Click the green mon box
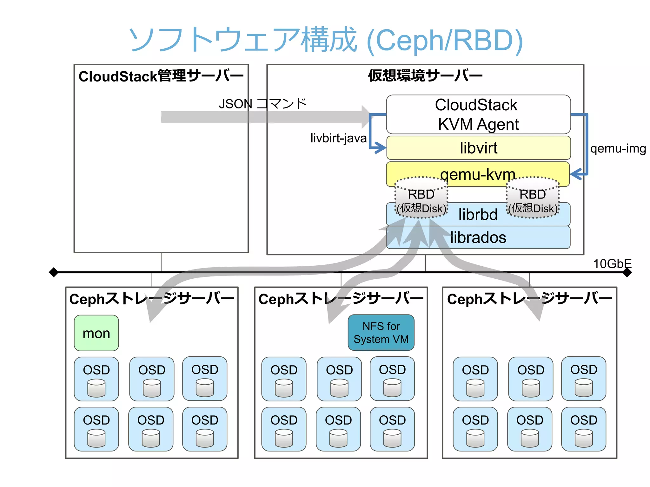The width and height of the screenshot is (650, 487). [x=96, y=333]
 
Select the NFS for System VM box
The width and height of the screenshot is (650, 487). [x=381, y=333]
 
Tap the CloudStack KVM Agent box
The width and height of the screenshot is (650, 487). [x=478, y=114]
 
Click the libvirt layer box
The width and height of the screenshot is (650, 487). [x=478, y=148]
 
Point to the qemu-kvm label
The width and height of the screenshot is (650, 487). [x=478, y=174]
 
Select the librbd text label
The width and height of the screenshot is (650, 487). [x=478, y=215]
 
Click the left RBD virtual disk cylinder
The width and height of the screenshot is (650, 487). [x=421, y=198]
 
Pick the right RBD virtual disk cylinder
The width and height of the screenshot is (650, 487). [x=533, y=198]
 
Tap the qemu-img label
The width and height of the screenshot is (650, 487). [x=618, y=148]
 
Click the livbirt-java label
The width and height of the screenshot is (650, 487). [x=338, y=138]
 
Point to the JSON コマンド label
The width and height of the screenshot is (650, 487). [x=262, y=104]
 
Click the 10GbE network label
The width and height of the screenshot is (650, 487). [x=612, y=263]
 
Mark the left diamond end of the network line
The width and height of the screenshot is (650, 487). [x=53, y=272]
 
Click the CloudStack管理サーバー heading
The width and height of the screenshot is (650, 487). [x=161, y=76]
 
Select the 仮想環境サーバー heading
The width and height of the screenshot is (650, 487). [x=425, y=75]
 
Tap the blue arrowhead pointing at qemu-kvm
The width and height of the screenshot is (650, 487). [x=576, y=174]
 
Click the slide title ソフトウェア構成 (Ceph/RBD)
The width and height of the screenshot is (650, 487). [x=325, y=40]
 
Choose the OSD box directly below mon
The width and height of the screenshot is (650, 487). [x=96, y=379]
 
